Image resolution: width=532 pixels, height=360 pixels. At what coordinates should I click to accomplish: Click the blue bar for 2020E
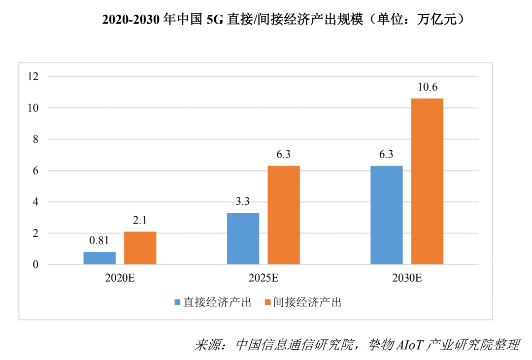coord(100,258)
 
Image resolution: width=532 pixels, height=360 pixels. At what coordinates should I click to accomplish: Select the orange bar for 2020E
coord(140,248)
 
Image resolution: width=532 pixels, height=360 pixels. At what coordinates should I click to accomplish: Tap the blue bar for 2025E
coord(243,239)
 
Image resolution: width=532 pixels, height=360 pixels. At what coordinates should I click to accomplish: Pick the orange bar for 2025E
coord(283,215)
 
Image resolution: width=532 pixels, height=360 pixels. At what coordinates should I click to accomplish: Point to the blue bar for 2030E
coord(386,215)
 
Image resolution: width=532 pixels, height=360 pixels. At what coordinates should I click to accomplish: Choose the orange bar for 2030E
coord(427,182)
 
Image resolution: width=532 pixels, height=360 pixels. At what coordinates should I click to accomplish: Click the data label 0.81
coord(99,241)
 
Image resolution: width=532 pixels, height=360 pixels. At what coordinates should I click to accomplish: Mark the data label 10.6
coord(427,88)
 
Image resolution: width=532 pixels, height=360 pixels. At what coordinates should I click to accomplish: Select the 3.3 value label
coord(243,202)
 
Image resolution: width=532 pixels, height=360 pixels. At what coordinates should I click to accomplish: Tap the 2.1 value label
coord(140,221)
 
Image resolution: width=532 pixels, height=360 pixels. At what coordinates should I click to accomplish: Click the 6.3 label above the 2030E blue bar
coord(386,155)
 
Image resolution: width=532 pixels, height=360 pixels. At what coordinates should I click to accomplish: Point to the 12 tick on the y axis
coord(33,76)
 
